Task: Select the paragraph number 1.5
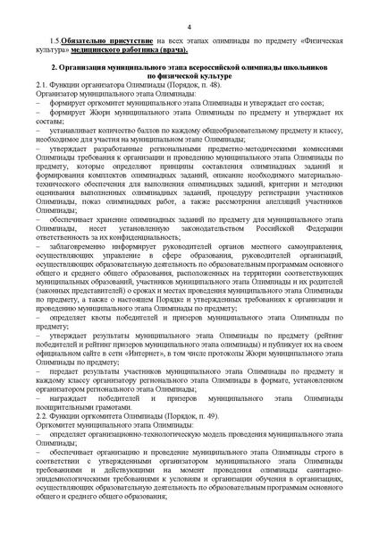click(x=55, y=41)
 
